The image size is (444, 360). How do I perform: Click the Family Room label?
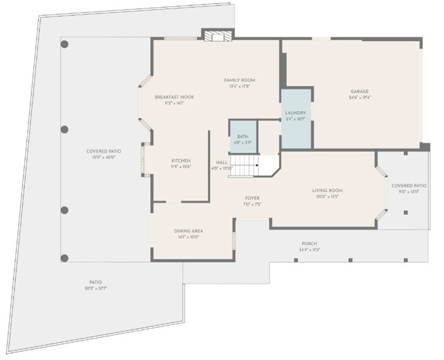pos(235,80)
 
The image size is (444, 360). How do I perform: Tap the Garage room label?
pos(359,92)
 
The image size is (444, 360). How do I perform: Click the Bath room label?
pos(243,137)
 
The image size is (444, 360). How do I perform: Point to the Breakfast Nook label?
pos(174,97)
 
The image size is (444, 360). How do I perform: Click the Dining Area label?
pos(189,230)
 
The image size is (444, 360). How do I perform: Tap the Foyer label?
pos(252,198)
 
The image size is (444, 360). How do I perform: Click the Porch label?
pos(309,243)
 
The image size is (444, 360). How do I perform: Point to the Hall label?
pos(222,162)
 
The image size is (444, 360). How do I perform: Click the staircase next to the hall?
pos(244,166)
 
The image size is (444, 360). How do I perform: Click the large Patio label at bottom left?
pos(96,282)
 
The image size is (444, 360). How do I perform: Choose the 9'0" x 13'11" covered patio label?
pos(409,186)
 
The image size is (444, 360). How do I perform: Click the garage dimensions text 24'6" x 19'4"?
pos(359,98)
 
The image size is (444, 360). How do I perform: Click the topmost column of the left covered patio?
pos(65,44)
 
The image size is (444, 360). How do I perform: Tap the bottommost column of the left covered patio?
pos(65,258)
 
